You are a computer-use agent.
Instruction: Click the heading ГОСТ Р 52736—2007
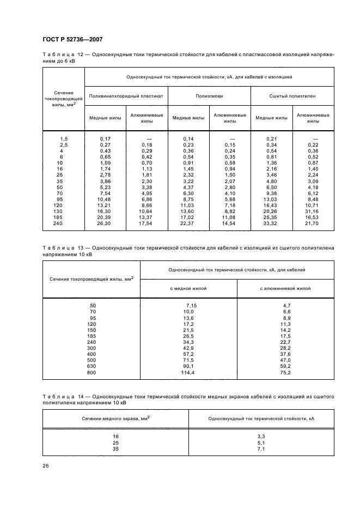(x=72, y=39)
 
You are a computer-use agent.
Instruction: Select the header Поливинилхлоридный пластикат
(x=126, y=96)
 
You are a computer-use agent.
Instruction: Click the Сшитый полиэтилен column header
(x=292, y=96)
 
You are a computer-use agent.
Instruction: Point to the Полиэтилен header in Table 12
(x=209, y=96)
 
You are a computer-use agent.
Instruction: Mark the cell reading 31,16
(x=313, y=211)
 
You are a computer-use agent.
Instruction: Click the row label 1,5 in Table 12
(x=64, y=139)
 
